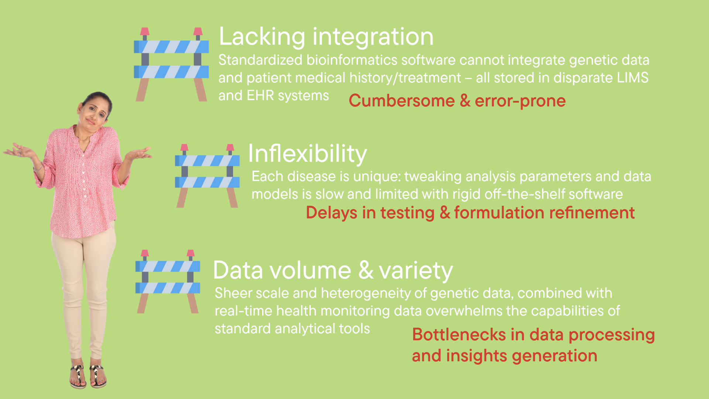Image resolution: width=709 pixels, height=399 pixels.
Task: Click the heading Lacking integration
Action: pyautogui.click(x=326, y=37)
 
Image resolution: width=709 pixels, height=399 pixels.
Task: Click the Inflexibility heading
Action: pyautogui.click(x=307, y=154)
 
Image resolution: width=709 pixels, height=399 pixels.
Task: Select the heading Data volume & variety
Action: pyautogui.click(x=333, y=270)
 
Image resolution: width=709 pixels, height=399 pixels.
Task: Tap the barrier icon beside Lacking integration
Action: pyautogui.click(x=171, y=64)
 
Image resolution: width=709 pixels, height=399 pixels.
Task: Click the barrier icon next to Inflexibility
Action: pyautogui.click(x=207, y=176)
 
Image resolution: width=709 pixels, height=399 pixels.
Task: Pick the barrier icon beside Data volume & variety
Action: pyautogui.click(x=168, y=282)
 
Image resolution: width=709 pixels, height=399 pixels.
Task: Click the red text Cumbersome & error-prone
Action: pyautogui.click(x=457, y=101)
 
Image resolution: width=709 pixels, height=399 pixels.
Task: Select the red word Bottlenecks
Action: pyautogui.click(x=459, y=335)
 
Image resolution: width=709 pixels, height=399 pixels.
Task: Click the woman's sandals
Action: pyautogui.click(x=88, y=376)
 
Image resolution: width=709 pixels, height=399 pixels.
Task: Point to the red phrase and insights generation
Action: pyautogui.click(x=504, y=356)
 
